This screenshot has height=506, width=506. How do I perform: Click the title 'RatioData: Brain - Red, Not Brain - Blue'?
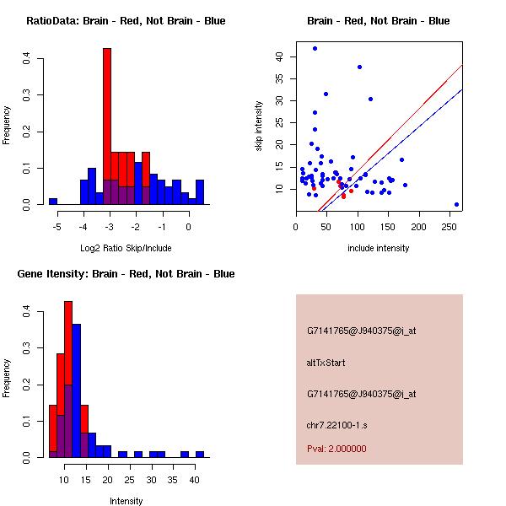pos(126,20)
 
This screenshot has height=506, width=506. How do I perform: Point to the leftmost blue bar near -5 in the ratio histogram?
pos(52,202)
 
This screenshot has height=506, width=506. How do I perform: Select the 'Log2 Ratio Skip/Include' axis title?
pos(126,248)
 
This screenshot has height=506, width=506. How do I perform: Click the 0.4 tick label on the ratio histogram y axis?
pos(28,59)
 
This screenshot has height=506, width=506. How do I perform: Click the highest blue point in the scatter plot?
pos(315,48)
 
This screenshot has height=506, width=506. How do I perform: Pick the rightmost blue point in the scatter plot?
pos(456,204)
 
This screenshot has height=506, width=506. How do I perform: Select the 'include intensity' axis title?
pos(378,248)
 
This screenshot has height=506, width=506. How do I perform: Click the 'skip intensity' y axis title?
pos(260,126)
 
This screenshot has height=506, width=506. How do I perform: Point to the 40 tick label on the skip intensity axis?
pos(280,57)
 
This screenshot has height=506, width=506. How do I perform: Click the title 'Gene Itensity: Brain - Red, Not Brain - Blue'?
pos(126,274)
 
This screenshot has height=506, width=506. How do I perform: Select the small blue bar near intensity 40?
pos(200,454)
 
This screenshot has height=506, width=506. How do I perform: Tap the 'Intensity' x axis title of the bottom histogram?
pos(126,501)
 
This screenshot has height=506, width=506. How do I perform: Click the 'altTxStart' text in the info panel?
pos(326,363)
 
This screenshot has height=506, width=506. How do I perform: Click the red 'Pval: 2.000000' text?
pos(336,449)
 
